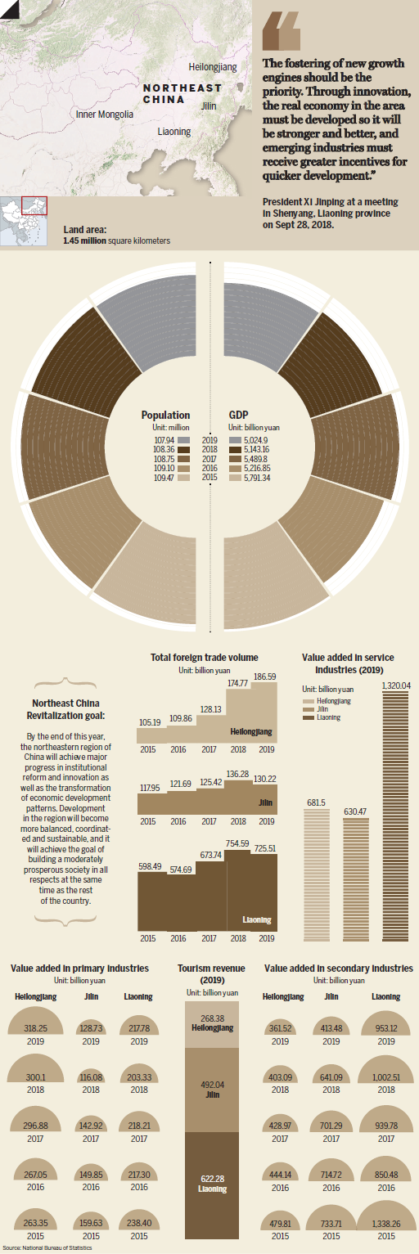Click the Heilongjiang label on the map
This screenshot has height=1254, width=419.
click(x=213, y=67)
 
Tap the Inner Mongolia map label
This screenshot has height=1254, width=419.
click(x=105, y=115)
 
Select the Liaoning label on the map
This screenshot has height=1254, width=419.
click(x=174, y=132)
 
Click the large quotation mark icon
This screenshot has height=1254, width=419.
click(x=282, y=33)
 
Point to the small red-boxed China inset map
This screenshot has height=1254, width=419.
click(x=24, y=221)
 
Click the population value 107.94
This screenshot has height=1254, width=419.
click(x=164, y=441)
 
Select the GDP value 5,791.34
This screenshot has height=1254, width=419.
click(x=257, y=478)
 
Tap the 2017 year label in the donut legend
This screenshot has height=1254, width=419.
click(x=209, y=459)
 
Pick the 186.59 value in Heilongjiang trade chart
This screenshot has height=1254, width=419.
click(x=265, y=676)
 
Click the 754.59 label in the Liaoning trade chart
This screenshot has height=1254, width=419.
click(x=237, y=843)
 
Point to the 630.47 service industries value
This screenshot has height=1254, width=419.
click(x=356, y=811)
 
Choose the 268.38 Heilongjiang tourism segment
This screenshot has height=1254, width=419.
click(x=212, y=1023)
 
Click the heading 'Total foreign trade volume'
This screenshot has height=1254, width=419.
click(x=205, y=657)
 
